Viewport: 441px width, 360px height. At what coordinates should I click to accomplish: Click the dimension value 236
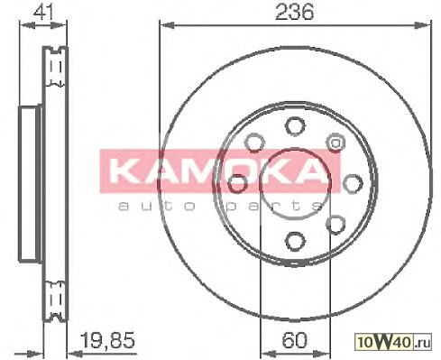click(294, 13)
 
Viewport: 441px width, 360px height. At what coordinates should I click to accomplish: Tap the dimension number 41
click(43, 13)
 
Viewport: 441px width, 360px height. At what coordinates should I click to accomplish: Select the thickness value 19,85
click(108, 340)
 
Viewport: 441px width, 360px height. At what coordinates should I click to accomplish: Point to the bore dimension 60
click(295, 340)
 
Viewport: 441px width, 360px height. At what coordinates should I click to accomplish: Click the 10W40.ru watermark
click(393, 342)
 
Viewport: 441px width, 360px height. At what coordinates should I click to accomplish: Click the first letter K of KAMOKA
click(122, 171)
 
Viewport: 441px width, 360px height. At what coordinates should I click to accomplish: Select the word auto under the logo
click(157, 206)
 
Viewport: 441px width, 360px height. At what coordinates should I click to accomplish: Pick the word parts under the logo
click(274, 206)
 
